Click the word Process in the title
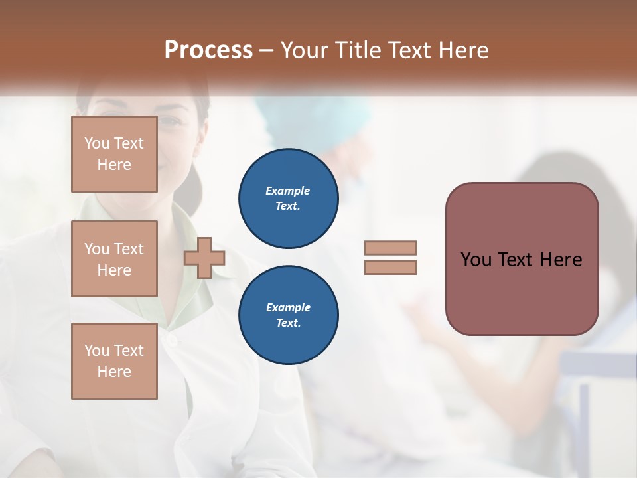[x=208, y=50]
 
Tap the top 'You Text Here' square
[x=114, y=154]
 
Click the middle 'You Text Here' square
[x=114, y=259]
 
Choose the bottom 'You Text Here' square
[x=114, y=361]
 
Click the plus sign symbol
[x=204, y=258]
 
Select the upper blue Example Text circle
[x=289, y=199]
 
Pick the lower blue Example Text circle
[x=289, y=315]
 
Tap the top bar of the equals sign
[x=390, y=248]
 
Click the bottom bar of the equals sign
[x=390, y=267]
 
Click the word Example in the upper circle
[x=288, y=191]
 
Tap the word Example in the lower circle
[x=288, y=307]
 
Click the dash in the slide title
[x=266, y=50]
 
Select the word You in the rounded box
[x=476, y=260]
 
